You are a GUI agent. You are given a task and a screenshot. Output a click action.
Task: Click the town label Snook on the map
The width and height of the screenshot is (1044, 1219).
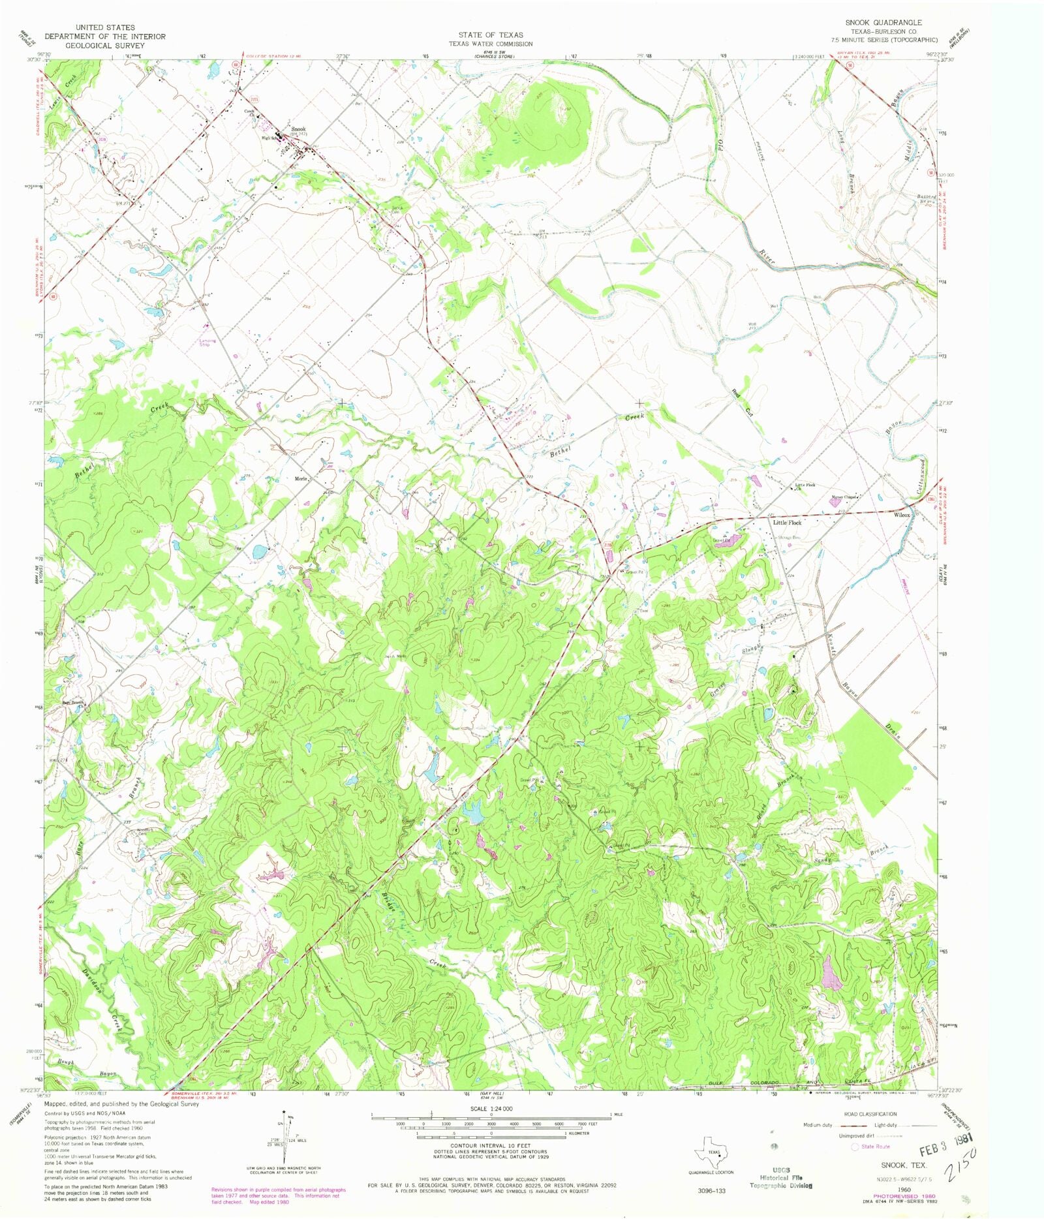tap(298, 129)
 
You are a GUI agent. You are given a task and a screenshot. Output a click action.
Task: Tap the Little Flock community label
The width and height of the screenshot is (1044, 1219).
tap(787, 523)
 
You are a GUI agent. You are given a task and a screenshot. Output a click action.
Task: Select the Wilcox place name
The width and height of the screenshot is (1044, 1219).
tap(901, 515)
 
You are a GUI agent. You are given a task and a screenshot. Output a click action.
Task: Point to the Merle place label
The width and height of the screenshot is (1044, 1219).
tap(301, 479)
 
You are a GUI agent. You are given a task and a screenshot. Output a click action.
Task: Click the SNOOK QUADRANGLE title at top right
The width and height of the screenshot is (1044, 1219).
tap(883, 22)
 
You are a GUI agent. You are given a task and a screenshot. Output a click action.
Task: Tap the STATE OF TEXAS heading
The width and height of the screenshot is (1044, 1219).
tap(490, 35)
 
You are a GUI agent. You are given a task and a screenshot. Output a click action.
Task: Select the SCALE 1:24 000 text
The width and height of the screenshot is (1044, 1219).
tap(490, 1109)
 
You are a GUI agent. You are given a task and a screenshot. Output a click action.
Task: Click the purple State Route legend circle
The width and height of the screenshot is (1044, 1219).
tap(855, 1147)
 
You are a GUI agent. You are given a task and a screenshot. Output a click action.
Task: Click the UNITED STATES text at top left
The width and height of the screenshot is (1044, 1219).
tap(105, 27)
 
